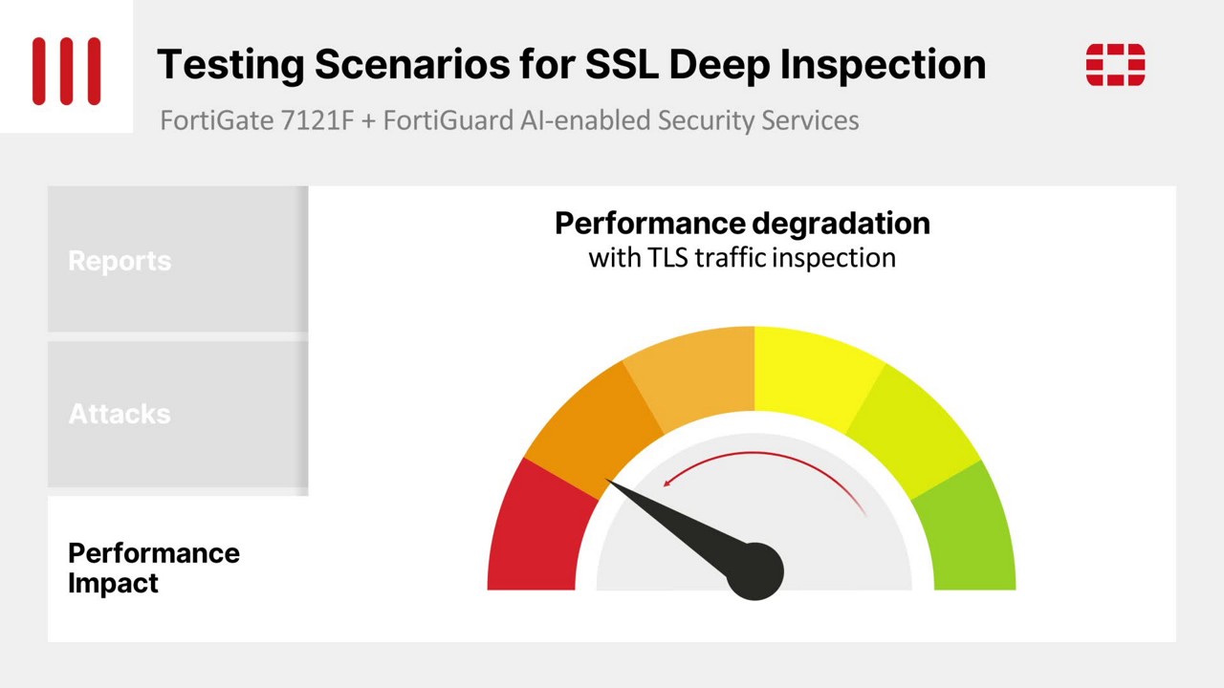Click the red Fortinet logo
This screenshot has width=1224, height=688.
click(x=1115, y=64)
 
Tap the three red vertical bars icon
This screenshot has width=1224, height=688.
click(x=67, y=71)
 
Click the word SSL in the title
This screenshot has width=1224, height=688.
click(x=622, y=64)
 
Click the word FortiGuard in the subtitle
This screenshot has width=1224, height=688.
click(x=448, y=120)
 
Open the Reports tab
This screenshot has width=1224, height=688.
click(x=178, y=259)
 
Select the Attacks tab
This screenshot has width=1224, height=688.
click(x=178, y=415)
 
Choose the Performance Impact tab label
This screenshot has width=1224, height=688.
click(x=154, y=568)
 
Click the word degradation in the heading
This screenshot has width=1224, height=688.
click(x=841, y=224)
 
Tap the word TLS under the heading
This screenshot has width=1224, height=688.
click(x=667, y=258)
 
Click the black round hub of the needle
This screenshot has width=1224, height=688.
click(x=755, y=571)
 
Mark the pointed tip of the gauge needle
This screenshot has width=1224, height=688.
click(x=605, y=480)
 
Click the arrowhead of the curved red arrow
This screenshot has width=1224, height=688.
click(x=667, y=483)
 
